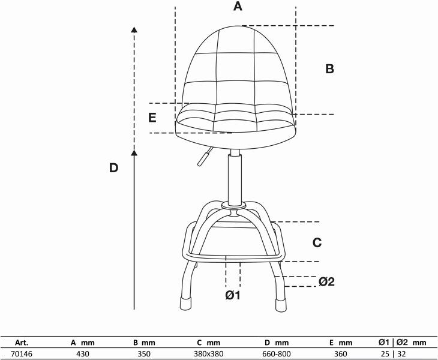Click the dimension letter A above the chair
[238, 6]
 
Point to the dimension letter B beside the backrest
[329, 69]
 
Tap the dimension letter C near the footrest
[317, 242]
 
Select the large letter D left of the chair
[113, 168]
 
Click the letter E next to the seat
[152, 118]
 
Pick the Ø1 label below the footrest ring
[233, 295]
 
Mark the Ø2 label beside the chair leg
[326, 281]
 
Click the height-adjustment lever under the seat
[205, 157]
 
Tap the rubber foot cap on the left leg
[185, 304]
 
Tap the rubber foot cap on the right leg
[281, 305]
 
